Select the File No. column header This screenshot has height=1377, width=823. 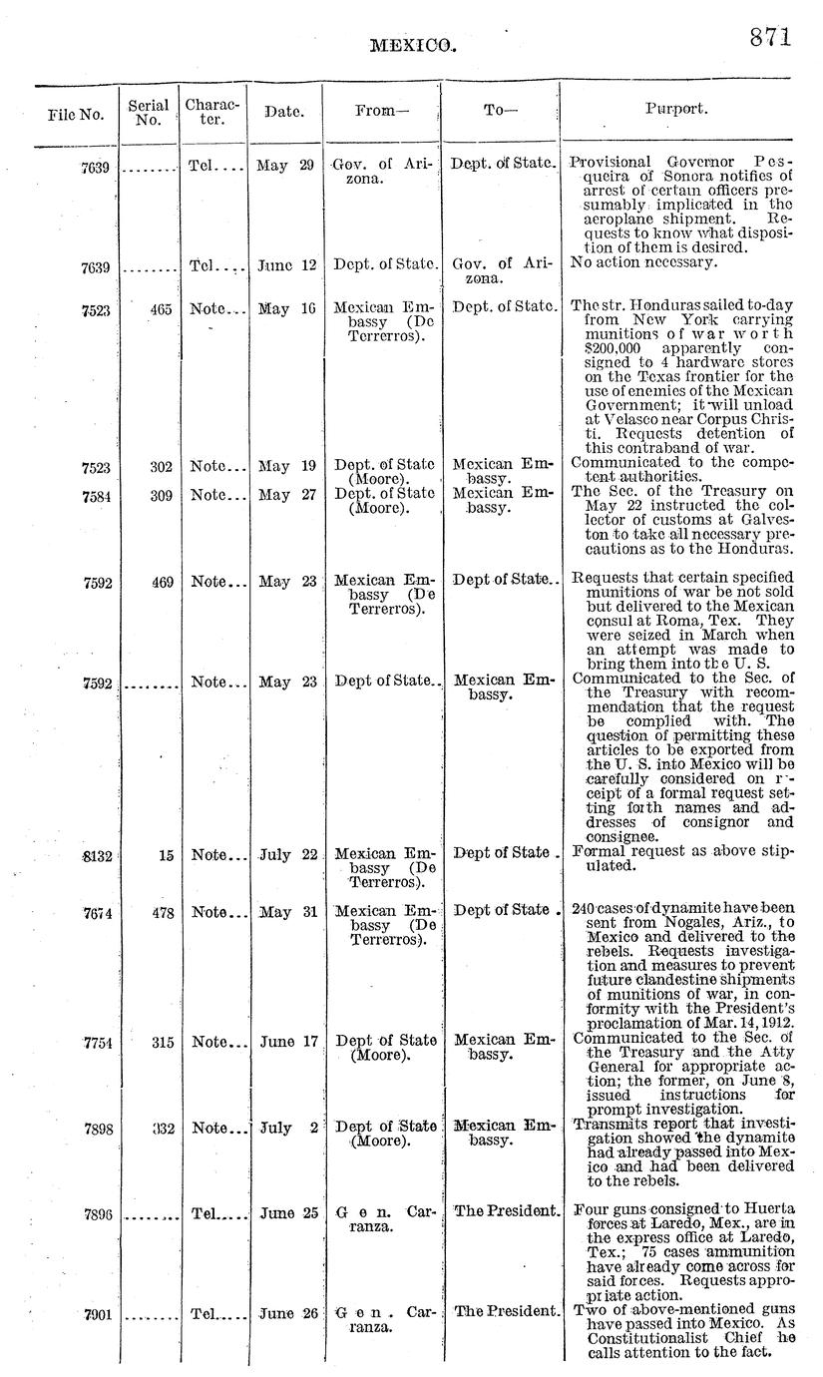click(x=75, y=115)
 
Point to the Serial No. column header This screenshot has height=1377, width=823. click(x=147, y=112)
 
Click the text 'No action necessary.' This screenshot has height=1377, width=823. click(x=642, y=262)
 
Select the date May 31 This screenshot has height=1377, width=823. click(x=287, y=912)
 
